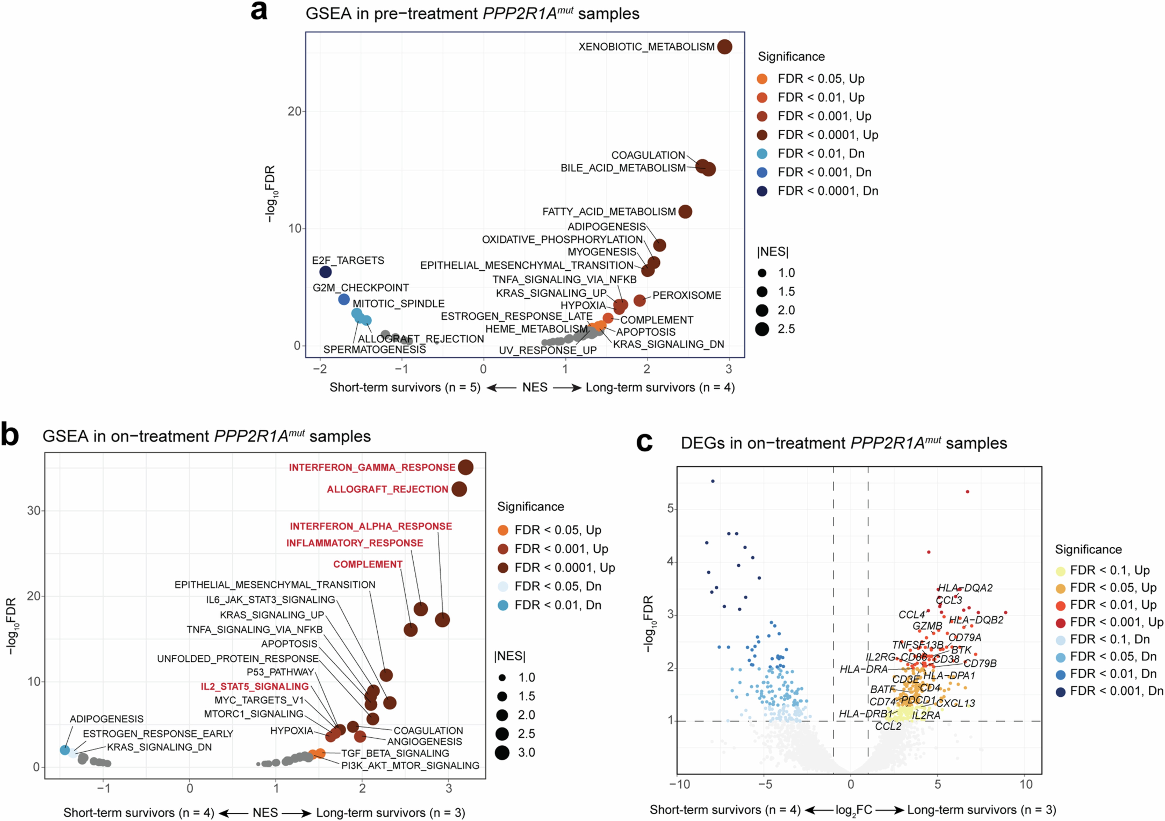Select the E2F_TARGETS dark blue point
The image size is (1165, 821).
point(325,272)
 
